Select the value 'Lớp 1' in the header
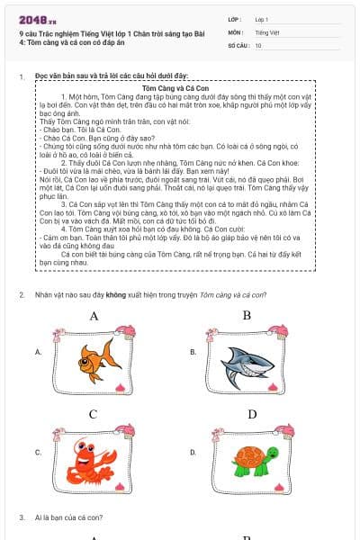coord(262,19)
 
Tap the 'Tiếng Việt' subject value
coord(265,31)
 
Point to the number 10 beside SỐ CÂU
coord(258,44)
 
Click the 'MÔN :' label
coord(236,31)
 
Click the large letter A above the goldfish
coord(94,316)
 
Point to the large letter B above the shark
coord(247,315)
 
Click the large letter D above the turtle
coord(252,414)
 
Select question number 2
coord(21,295)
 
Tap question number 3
coord(21,517)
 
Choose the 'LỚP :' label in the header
coord(235,19)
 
